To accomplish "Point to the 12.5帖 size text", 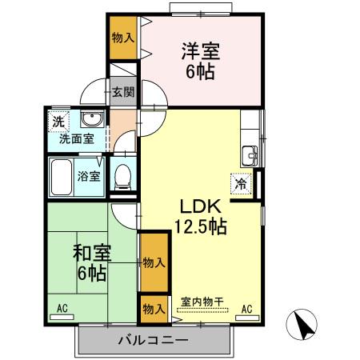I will tap(201, 227).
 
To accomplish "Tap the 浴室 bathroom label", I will tap(89, 176).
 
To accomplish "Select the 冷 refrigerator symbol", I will tap(240, 183).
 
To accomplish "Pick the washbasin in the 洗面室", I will tap(92, 121).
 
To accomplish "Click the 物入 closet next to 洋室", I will tap(122, 38).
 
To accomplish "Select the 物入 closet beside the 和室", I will tap(154, 262).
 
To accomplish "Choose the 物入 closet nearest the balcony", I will tap(154, 309).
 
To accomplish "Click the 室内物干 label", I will tap(202, 301).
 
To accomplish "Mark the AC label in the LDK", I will tap(246, 309).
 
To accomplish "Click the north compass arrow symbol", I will tap(303, 325).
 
